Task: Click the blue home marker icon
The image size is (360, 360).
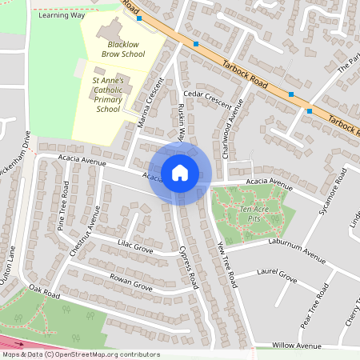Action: tap(180, 173)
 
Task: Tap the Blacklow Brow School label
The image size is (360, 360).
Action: tap(123, 49)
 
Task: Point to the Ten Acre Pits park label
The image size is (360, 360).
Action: tap(251, 213)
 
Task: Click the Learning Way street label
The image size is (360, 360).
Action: tap(61, 14)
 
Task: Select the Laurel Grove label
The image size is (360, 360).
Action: tap(277, 279)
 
